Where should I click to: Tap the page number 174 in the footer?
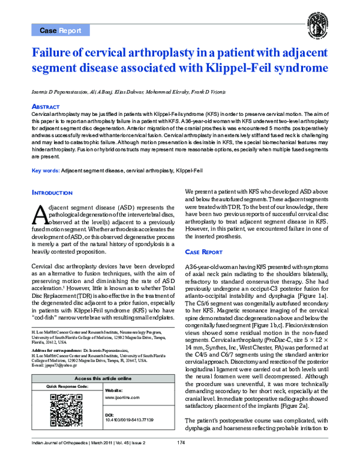click(x=180, y=460)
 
